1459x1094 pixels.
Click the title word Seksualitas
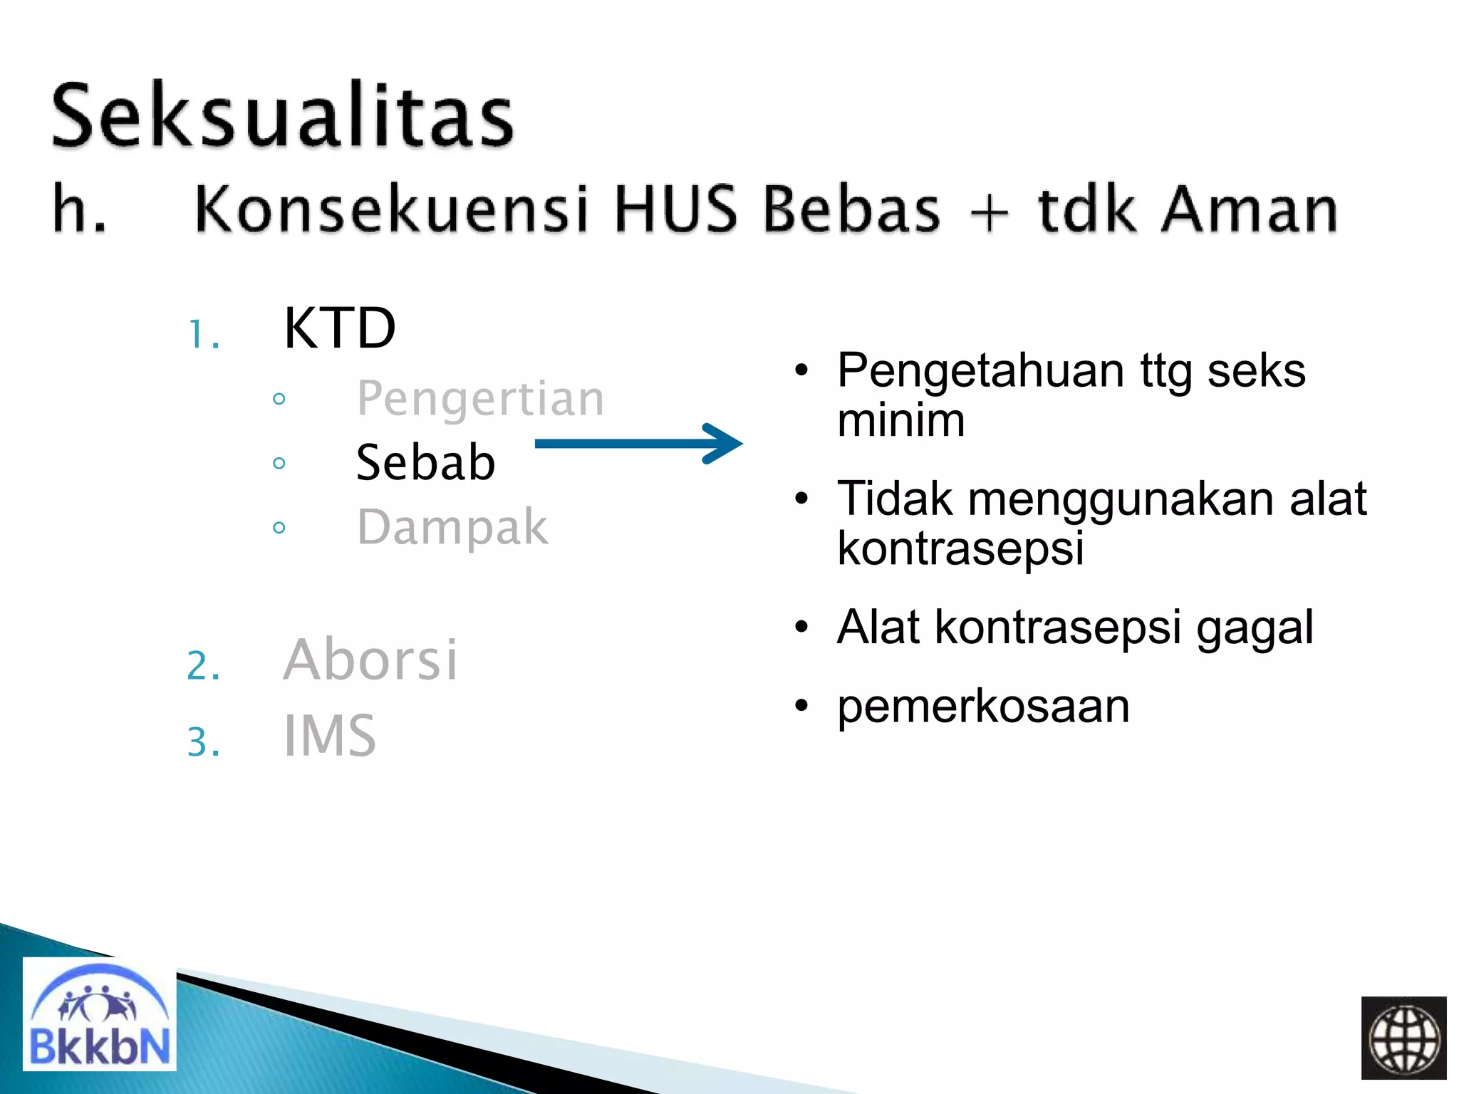[282, 116]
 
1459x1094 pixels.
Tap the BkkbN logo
[99, 1014]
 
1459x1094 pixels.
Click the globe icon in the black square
[1403, 1038]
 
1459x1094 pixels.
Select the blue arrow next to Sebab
[638, 444]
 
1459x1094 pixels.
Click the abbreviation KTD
[339, 328]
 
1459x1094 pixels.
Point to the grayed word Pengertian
[480, 398]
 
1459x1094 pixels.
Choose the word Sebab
[425, 463]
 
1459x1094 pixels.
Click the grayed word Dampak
[452, 528]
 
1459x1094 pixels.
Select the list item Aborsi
[370, 660]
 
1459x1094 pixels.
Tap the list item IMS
[329, 736]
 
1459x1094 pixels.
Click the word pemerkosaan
[983, 707]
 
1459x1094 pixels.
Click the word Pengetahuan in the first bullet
[980, 372]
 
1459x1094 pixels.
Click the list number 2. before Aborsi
[203, 666]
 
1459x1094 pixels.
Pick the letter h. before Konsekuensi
[79, 209]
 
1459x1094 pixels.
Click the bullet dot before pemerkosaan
[802, 707]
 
